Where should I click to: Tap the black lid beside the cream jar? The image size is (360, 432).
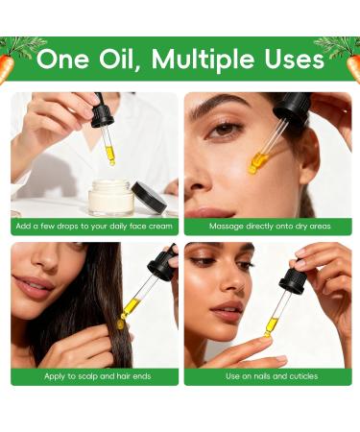tap(149, 196)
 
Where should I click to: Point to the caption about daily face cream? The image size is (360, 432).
tap(93, 227)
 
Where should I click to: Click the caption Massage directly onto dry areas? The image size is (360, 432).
tap(268, 227)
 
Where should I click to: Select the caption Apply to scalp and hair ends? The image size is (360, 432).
tap(93, 376)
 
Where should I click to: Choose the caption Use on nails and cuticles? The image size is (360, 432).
tap(268, 376)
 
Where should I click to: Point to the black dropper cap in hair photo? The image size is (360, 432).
tap(161, 265)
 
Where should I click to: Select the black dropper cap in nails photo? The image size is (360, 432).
tap(292, 281)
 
